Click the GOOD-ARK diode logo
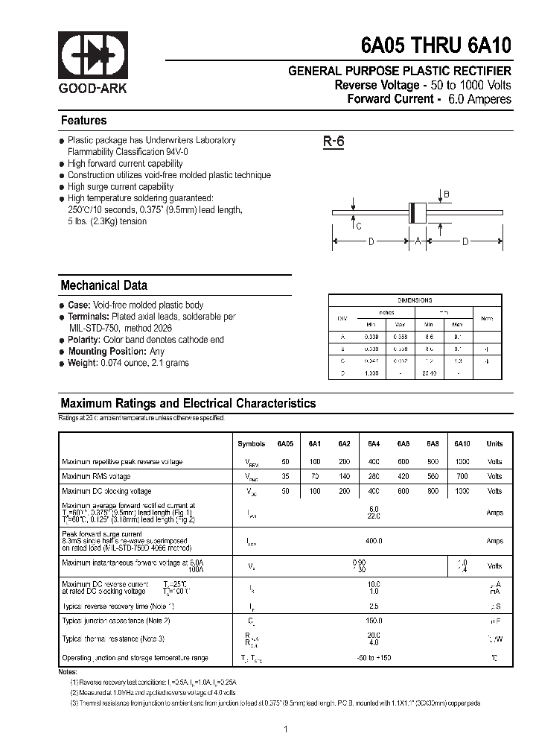pos(93,56)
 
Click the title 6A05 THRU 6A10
pos(436,46)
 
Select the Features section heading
pos(83,121)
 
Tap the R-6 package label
pos(333,142)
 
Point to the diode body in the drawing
pos(417,212)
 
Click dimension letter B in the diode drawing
pos(447,195)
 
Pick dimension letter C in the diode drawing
pos(358,226)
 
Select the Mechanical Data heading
pos(103,285)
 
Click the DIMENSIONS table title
pos(415,300)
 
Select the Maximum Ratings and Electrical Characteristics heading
pos(188,403)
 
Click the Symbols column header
pos(251,444)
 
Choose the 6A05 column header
pos(285,444)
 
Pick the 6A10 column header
pos(462,444)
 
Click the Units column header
pos(494,444)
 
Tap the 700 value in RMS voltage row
pos(462,476)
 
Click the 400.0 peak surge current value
pos(374,541)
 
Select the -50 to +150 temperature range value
pos(374,658)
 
